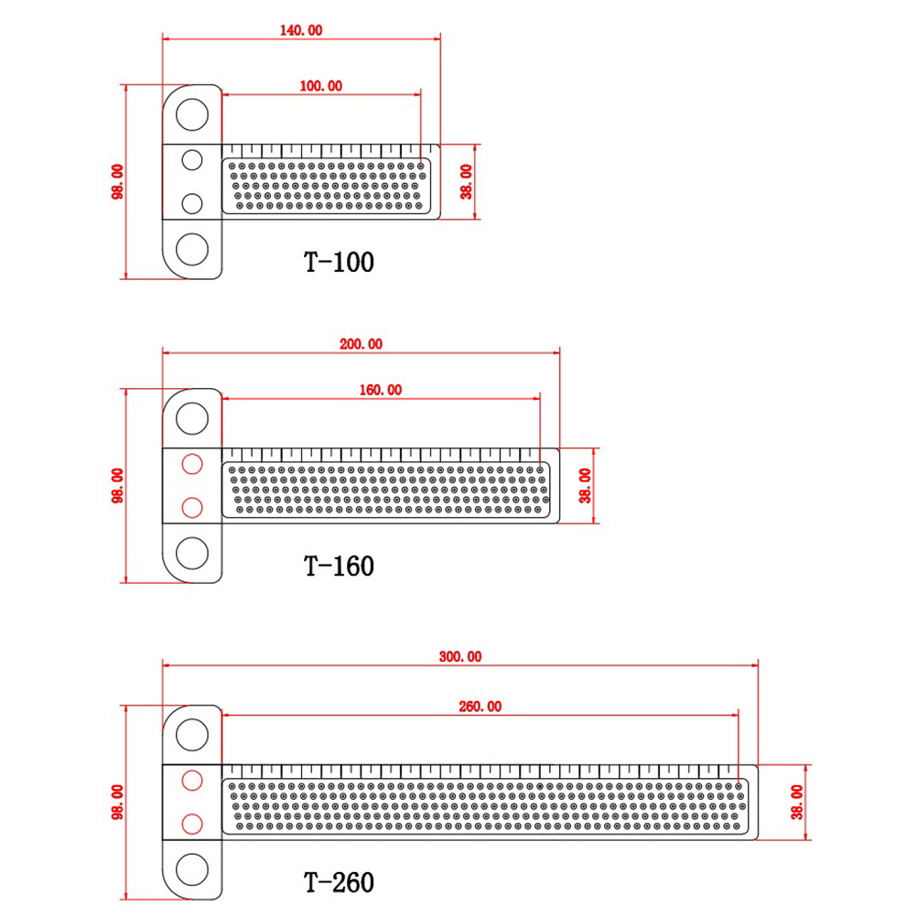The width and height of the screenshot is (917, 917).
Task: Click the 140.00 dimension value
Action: [x=301, y=29]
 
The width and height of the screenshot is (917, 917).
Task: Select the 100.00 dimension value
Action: [x=320, y=86]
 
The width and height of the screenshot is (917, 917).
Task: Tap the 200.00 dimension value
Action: [x=361, y=344]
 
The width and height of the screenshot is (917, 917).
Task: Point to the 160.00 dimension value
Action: [x=380, y=389]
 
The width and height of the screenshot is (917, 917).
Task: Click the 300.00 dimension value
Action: [x=459, y=656]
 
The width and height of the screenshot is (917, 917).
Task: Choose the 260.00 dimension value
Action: [x=480, y=706]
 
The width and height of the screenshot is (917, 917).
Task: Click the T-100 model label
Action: [x=339, y=262]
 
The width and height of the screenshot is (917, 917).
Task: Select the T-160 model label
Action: [x=339, y=566]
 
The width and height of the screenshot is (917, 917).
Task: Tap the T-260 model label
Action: [x=339, y=882]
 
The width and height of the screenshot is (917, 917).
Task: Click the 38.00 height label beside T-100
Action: [x=467, y=182]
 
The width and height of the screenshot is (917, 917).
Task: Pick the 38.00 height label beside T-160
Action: [x=586, y=485]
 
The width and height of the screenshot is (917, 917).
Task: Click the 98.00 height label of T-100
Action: [x=117, y=182]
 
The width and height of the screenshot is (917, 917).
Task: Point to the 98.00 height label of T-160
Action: [x=117, y=485]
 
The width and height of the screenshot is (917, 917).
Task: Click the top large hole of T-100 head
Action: [x=192, y=115]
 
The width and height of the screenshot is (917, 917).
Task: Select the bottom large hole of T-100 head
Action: [x=192, y=249]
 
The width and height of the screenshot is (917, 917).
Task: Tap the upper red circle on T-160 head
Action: [x=192, y=464]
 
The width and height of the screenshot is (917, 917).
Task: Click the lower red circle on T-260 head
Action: [x=192, y=823]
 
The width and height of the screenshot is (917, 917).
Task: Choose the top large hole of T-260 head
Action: [x=192, y=734]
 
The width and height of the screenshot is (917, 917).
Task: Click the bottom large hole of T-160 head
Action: [x=192, y=552]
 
